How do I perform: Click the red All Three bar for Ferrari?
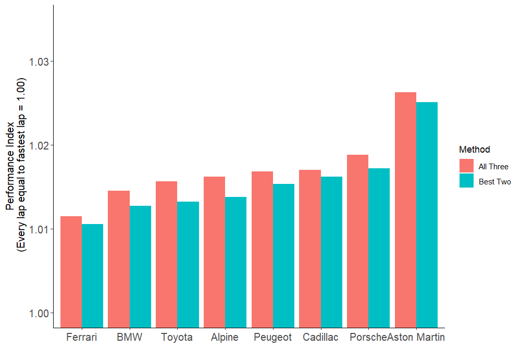pos(71,271)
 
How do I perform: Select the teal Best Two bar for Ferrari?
pos(93,276)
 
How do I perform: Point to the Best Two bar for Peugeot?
pos(283,255)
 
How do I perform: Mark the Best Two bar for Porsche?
pos(379,247)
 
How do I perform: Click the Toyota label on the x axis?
pos(177,337)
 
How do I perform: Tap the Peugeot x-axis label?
pos(272,337)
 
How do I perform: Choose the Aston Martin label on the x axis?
pos(416,337)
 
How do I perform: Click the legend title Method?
pos(474,150)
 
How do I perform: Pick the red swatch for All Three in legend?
pos(466,166)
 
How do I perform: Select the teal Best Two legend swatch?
pos(466,181)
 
